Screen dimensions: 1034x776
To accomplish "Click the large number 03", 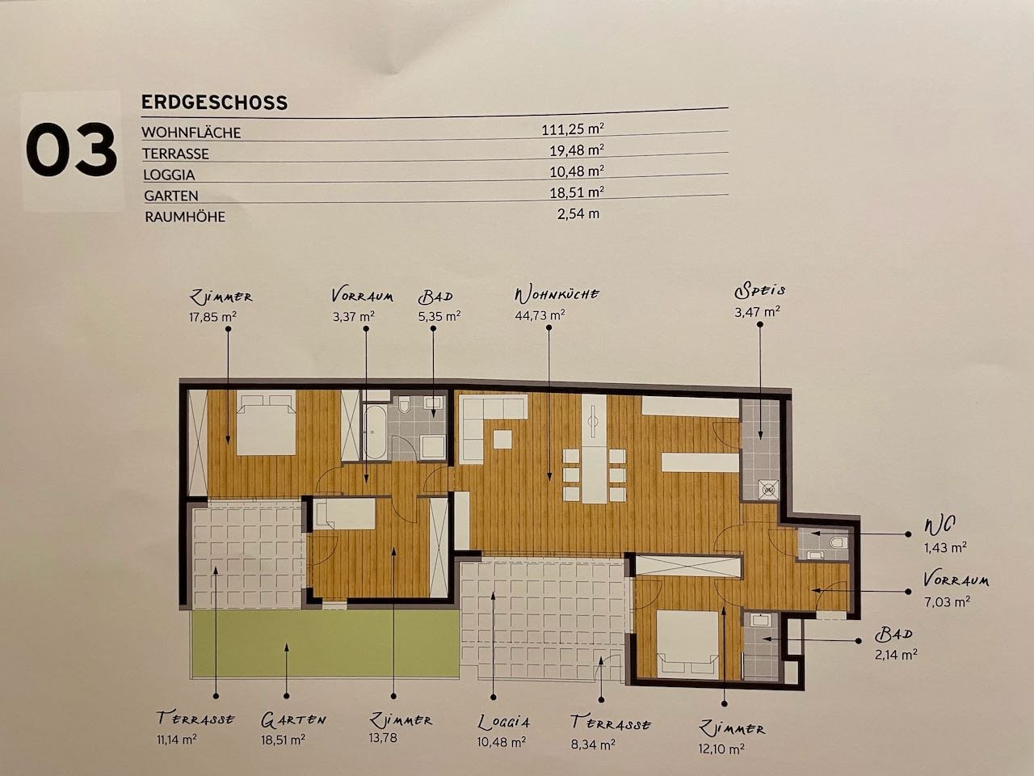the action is (71, 150).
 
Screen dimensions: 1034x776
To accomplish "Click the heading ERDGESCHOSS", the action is (214, 102).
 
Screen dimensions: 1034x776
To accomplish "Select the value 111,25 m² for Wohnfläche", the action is (573, 129).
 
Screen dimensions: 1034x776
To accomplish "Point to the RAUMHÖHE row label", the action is (185, 217).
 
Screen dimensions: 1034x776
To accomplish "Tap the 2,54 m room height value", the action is (578, 214).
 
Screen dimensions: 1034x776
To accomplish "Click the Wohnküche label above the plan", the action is (557, 295).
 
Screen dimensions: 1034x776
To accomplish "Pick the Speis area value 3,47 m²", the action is (757, 311).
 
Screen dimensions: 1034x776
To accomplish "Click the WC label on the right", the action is (939, 525).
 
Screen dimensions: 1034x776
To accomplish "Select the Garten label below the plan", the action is (293, 719).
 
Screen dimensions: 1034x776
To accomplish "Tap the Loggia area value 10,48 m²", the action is (501, 741).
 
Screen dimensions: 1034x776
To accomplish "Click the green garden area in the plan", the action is (325, 643).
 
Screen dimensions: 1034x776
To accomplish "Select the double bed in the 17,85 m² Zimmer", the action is (266, 423).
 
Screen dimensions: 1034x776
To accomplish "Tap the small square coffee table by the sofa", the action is (502, 439).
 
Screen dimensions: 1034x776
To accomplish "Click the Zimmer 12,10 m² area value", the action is (721, 749).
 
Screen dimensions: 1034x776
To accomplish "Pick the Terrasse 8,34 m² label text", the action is (611, 723).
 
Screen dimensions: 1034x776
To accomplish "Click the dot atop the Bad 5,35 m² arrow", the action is (433, 328).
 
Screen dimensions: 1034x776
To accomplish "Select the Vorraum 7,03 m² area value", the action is (947, 601).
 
